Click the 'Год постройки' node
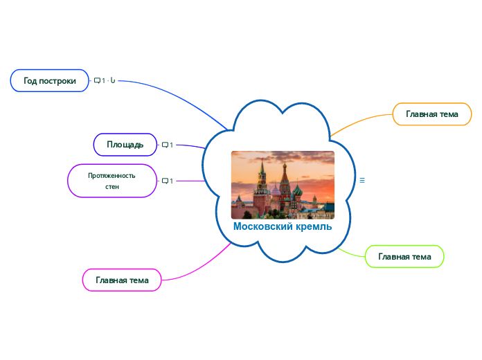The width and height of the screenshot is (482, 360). (50, 80)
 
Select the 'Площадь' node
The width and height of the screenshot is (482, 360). (125, 145)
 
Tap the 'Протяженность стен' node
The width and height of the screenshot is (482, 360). (111, 181)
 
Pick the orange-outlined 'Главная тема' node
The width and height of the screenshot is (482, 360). (432, 114)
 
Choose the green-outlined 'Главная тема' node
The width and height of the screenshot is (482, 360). (404, 256)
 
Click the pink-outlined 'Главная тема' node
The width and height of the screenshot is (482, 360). (122, 280)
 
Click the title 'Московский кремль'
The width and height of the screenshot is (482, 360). (282, 226)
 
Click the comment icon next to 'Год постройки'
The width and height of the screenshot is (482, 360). (98, 81)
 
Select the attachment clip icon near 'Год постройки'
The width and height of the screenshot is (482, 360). (113, 81)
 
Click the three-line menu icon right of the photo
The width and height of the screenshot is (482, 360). (362, 180)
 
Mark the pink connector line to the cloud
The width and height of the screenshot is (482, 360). (201, 267)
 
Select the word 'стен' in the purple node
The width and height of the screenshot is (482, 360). (111, 187)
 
